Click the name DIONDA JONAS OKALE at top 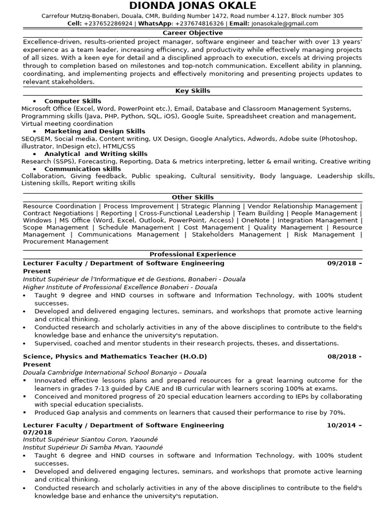(192, 6)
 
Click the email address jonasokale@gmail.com (285, 23)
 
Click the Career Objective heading (192, 33)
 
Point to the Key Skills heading (192, 91)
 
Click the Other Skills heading (192, 197)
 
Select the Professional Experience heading (192, 254)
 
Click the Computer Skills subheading (72, 101)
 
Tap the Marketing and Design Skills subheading (94, 131)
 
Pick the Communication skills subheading (82, 169)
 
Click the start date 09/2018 (341, 263)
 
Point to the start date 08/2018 (341, 356)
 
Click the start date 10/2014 (341, 425)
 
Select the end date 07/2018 (37, 433)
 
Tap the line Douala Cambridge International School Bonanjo (115, 372)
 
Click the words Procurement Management (65, 242)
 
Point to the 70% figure (336, 412)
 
